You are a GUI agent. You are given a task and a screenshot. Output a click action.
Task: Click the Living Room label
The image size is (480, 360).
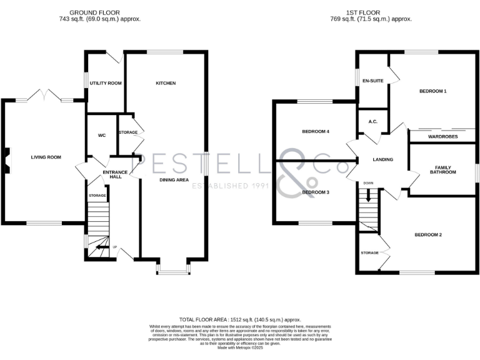point(46,157)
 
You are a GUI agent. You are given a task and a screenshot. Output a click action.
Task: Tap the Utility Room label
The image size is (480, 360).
point(106,83)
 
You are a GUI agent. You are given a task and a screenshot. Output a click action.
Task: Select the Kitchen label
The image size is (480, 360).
point(166,83)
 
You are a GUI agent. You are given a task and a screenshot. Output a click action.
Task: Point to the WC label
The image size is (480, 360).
point(102,135)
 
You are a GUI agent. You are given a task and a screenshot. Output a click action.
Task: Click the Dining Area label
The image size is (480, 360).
point(174,180)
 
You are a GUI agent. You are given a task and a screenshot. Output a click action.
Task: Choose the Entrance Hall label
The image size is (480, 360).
point(115,174)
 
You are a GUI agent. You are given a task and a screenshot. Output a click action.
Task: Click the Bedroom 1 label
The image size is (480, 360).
point(432,91)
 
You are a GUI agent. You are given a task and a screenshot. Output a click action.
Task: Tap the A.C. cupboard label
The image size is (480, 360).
point(372,122)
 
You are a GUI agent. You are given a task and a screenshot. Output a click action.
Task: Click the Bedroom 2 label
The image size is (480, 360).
point(428,235)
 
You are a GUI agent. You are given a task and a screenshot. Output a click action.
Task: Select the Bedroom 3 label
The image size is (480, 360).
point(316,192)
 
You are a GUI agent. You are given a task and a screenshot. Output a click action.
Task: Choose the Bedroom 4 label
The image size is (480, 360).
point(316,132)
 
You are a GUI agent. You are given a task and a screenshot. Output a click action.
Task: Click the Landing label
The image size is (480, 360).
point(382,160)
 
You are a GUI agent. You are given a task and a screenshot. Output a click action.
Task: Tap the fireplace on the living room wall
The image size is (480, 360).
point(6,158)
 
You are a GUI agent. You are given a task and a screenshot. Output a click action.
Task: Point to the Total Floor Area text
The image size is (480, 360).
point(240,319)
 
